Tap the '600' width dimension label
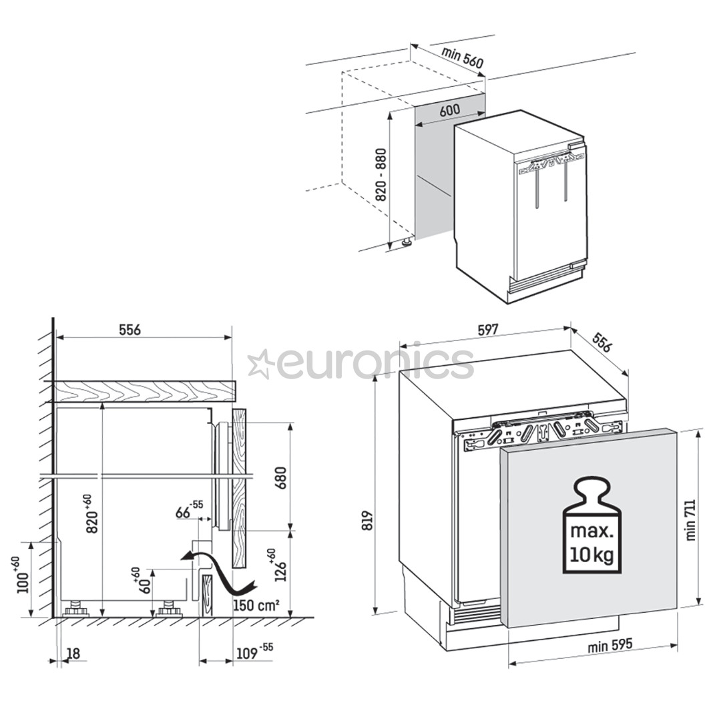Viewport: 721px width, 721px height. click(x=450, y=111)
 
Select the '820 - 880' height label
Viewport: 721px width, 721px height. click(x=381, y=175)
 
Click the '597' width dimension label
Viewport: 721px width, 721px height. click(x=487, y=329)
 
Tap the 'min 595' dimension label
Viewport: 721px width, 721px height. click(x=610, y=646)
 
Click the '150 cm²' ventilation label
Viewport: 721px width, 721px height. click(x=256, y=606)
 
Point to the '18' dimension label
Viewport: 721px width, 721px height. click(x=73, y=654)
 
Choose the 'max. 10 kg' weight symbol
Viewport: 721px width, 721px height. click(x=591, y=525)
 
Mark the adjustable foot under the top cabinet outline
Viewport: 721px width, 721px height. click(x=405, y=243)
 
